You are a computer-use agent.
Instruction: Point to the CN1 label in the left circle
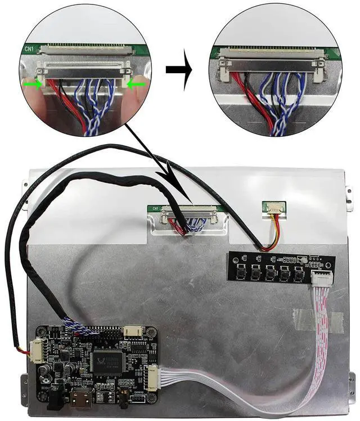click(30, 49)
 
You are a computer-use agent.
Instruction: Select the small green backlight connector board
click(274, 208)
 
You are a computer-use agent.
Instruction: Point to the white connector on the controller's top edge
click(133, 332)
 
